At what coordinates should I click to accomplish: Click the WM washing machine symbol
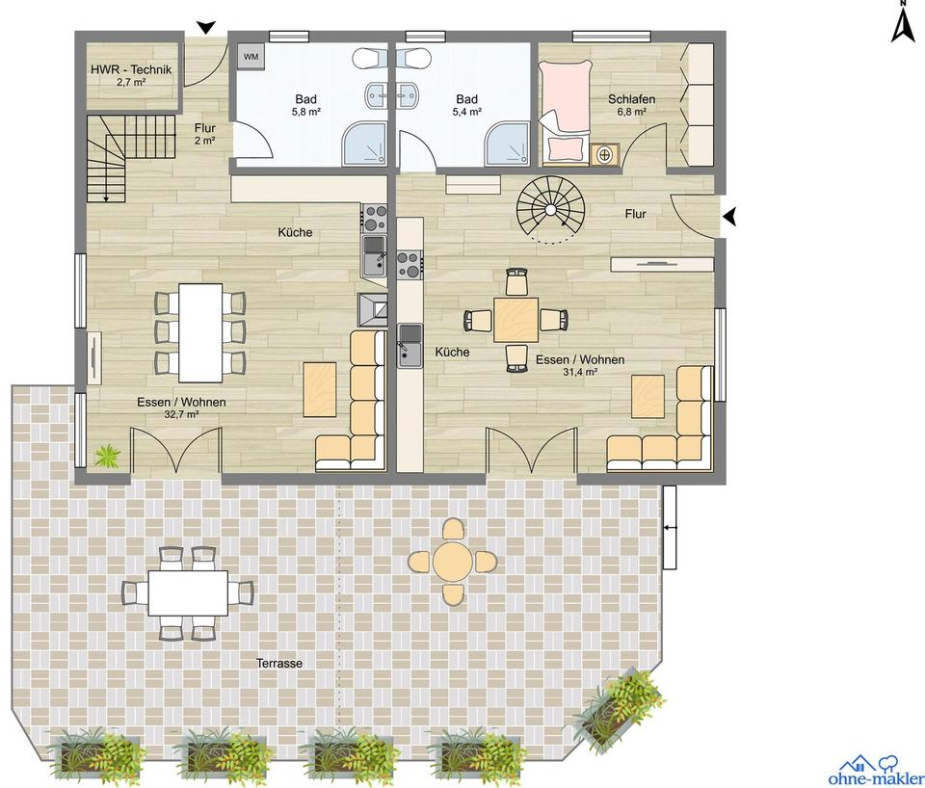tap(251, 57)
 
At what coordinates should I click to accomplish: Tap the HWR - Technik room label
tap(131, 69)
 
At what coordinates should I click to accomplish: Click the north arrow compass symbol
tap(903, 23)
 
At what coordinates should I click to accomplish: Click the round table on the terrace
tap(452, 561)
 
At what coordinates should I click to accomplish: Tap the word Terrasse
tap(280, 664)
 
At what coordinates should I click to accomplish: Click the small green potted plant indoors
tap(107, 455)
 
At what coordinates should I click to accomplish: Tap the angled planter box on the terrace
tap(620, 705)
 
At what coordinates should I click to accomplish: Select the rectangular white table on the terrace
tap(188, 591)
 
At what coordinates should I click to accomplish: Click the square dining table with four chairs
tap(516, 319)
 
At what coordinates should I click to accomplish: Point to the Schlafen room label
tap(632, 99)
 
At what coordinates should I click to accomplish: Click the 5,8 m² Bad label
tap(306, 105)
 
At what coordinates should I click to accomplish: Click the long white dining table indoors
tap(200, 332)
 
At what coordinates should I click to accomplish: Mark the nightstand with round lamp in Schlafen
tap(604, 153)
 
